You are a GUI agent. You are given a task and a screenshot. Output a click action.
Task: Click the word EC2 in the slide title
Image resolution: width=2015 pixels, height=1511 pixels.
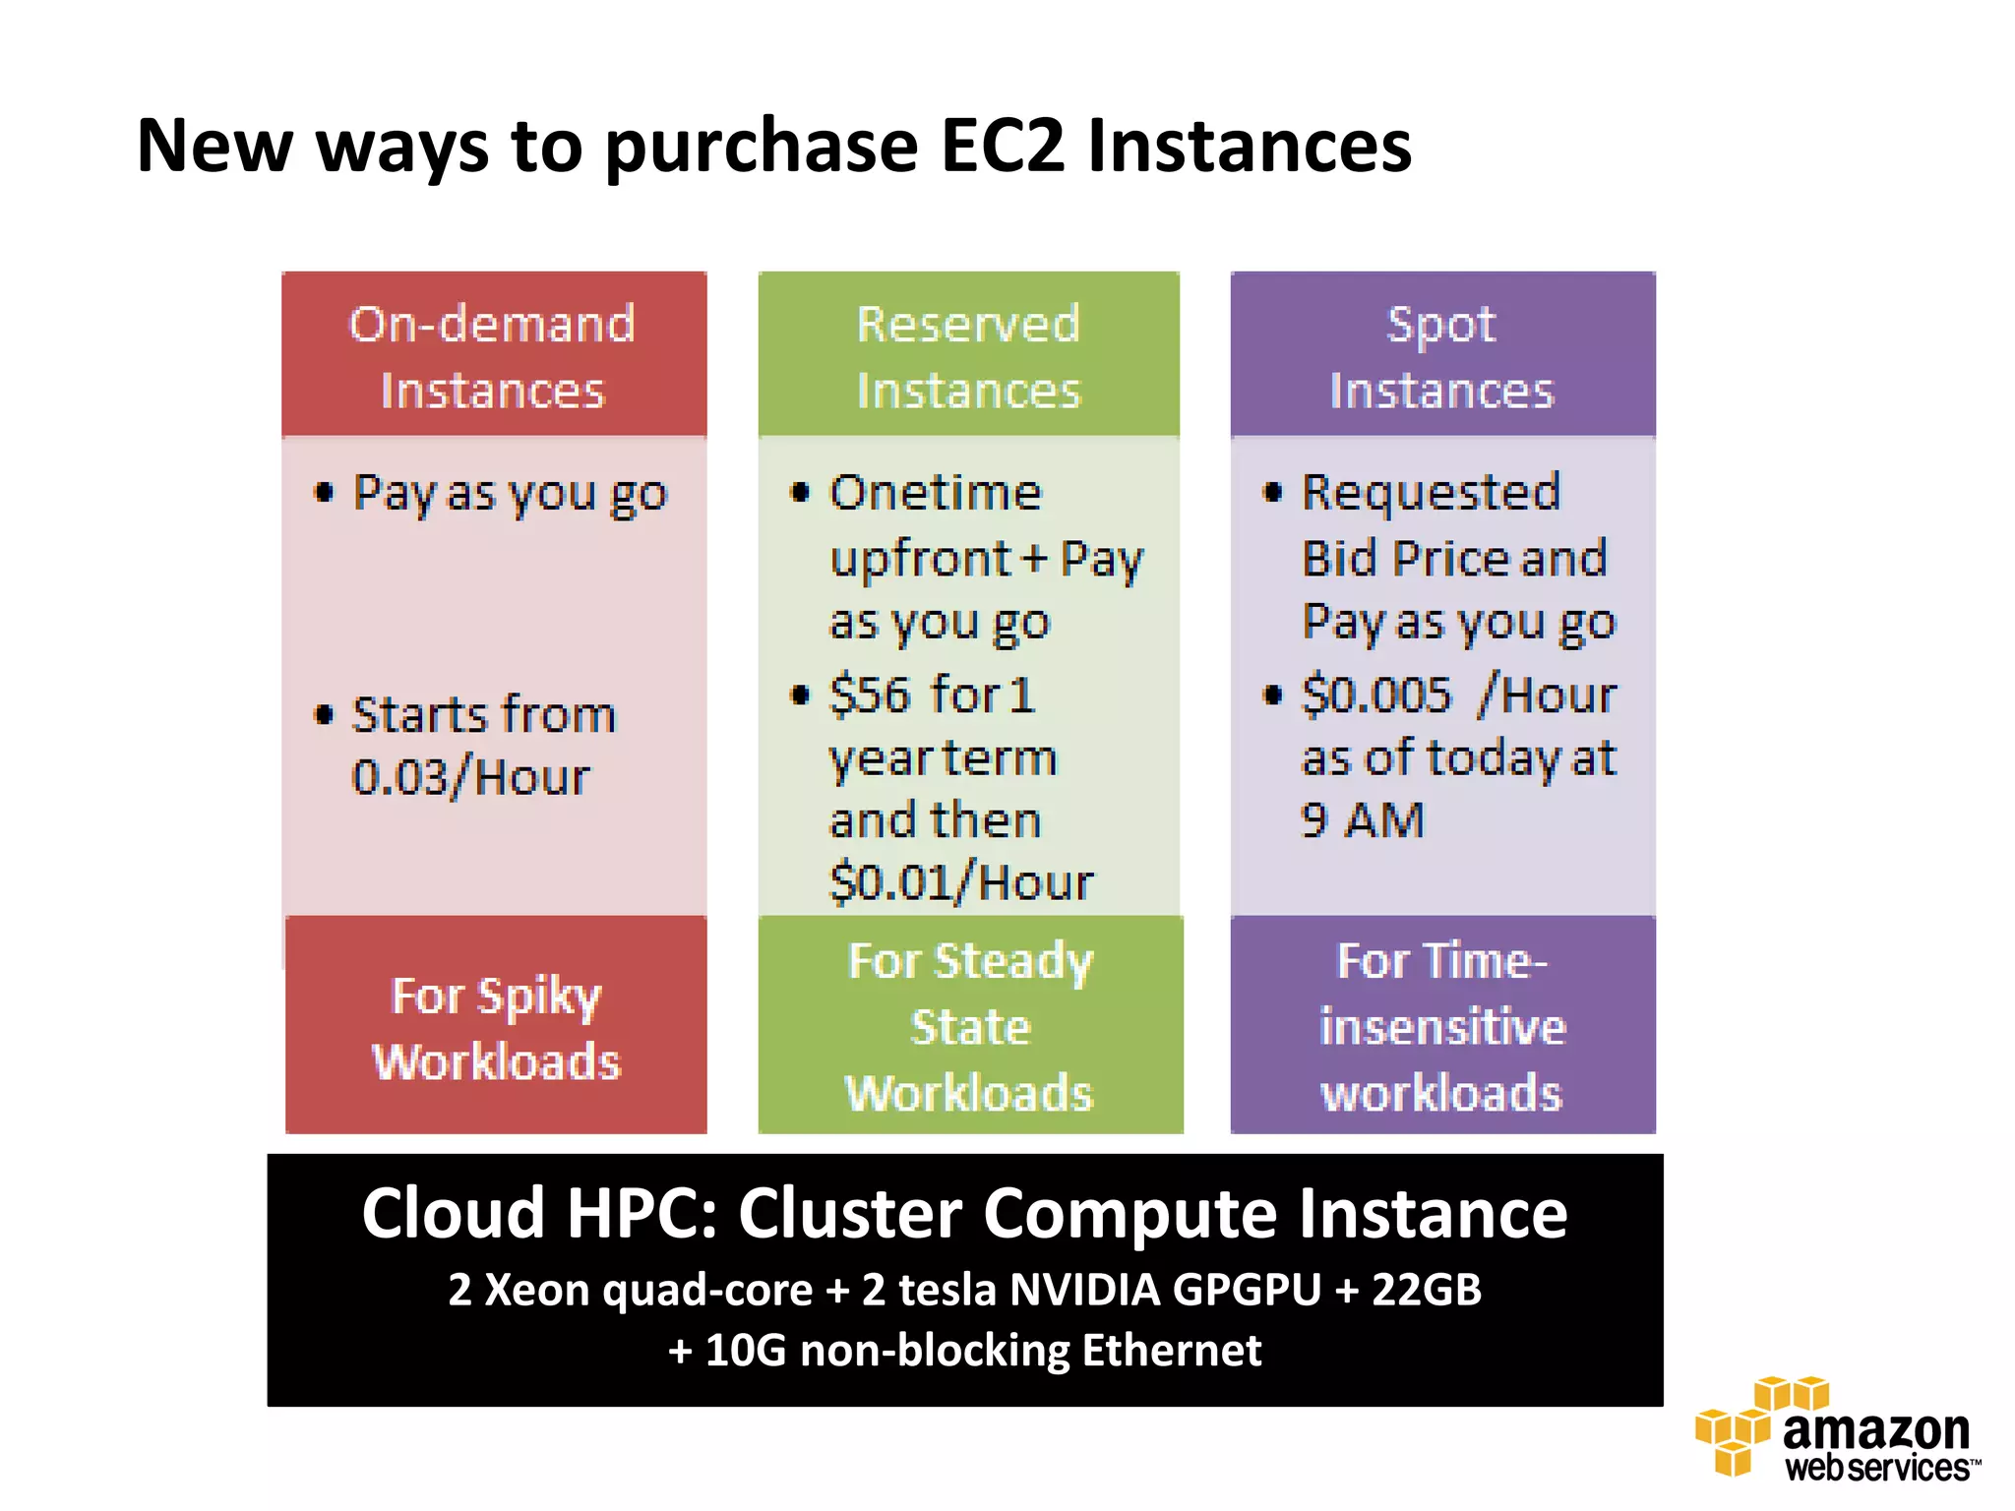1002,147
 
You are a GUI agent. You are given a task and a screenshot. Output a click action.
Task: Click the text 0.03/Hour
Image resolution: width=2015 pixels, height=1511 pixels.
470,778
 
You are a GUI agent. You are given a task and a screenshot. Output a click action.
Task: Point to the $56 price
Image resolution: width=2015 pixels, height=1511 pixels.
869,695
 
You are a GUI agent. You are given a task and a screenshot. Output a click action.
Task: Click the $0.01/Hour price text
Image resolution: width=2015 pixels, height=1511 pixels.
960,882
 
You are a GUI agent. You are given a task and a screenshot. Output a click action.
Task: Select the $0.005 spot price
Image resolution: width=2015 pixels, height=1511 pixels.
1375,695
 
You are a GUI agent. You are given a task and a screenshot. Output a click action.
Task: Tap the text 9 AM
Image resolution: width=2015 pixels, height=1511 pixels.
1362,819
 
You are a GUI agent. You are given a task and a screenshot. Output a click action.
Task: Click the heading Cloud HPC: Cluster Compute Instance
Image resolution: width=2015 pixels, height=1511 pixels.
964,1213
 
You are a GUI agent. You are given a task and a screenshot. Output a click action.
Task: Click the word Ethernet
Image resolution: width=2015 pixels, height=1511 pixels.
1171,1351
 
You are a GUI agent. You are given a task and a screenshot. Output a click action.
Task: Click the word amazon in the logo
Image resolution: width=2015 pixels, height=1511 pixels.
1875,1431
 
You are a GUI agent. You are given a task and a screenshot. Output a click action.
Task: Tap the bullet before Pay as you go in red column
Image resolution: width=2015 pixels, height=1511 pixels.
324,492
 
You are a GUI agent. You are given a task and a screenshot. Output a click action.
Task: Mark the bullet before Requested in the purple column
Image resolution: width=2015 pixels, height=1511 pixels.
1273,492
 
